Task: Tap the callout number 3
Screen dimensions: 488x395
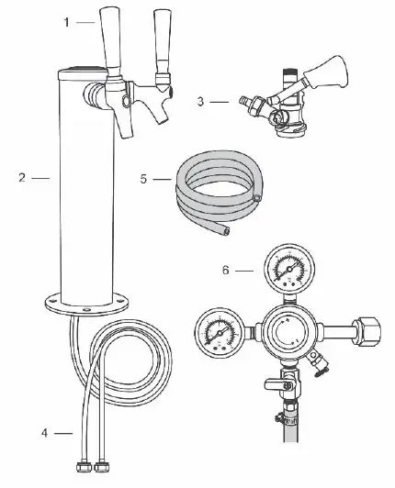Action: pos(201,102)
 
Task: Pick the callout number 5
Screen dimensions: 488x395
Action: pos(144,178)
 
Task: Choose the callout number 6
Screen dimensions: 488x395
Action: pos(226,270)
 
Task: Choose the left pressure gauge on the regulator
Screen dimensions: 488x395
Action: pos(216,329)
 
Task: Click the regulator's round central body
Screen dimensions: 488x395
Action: pos(288,331)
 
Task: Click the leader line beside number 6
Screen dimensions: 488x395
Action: pos(245,270)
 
